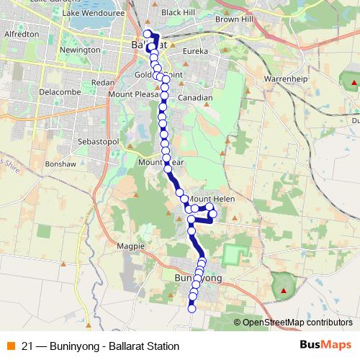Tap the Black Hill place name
tap(178, 13)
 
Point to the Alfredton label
tap(21, 33)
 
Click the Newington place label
tap(81, 50)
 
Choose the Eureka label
tap(196, 52)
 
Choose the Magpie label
tap(130, 246)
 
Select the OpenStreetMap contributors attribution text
tap(297, 323)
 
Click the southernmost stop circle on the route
tap(192, 310)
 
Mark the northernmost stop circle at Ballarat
tap(148, 34)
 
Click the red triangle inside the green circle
tap(284, 292)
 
